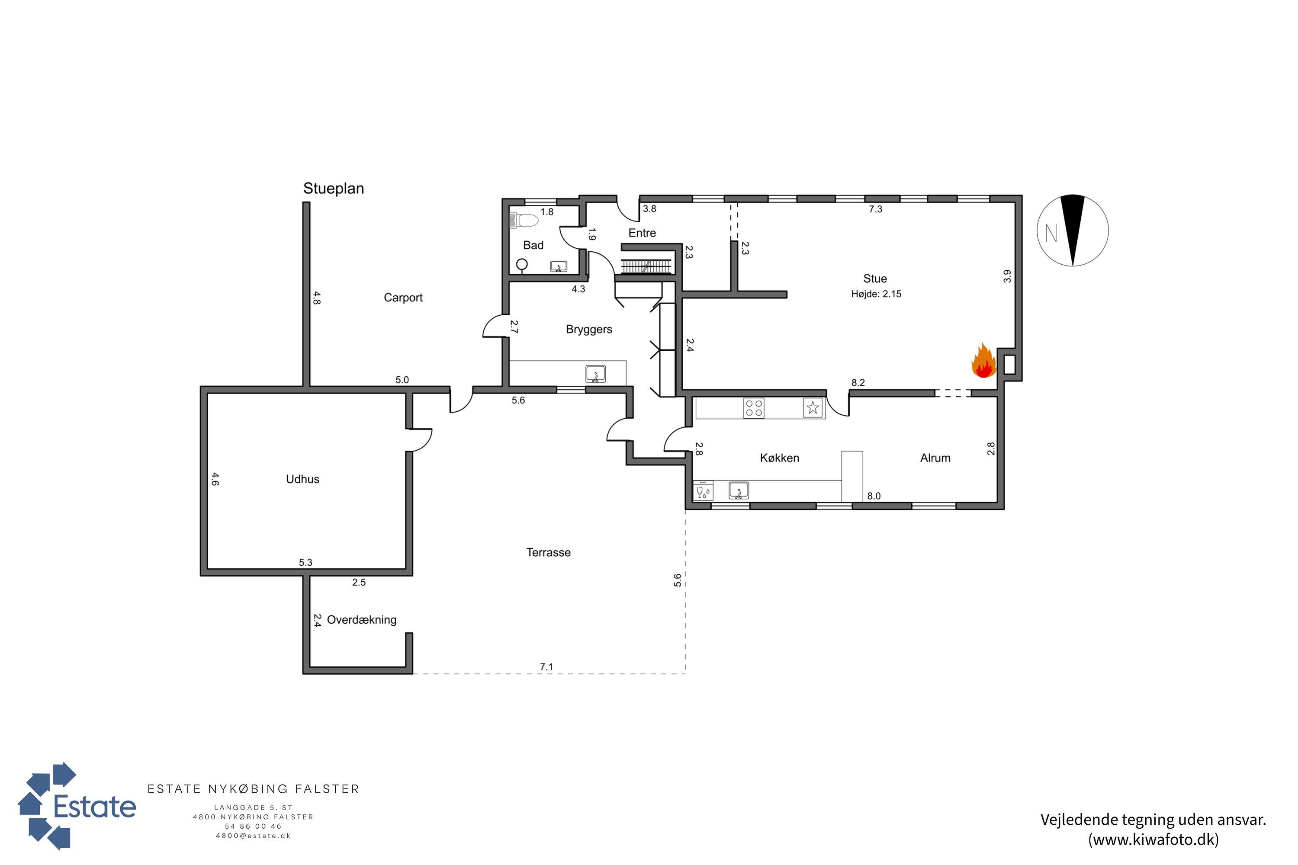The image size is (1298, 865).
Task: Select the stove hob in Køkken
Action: click(x=753, y=408)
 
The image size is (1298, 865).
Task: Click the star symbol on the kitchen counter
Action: click(x=813, y=408)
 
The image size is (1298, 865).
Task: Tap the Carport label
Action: click(x=403, y=298)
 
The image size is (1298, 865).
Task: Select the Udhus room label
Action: click(x=302, y=479)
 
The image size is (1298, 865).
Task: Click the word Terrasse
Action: click(x=548, y=552)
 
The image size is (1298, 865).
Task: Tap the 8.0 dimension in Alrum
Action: click(x=874, y=496)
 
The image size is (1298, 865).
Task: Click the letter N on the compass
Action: click(x=1051, y=234)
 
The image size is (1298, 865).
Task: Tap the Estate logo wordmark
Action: click(x=94, y=807)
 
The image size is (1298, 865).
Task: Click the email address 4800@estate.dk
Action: click(x=253, y=836)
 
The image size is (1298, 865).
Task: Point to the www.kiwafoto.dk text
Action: click(x=1153, y=839)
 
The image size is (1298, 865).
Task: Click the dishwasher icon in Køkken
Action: click(x=703, y=491)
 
